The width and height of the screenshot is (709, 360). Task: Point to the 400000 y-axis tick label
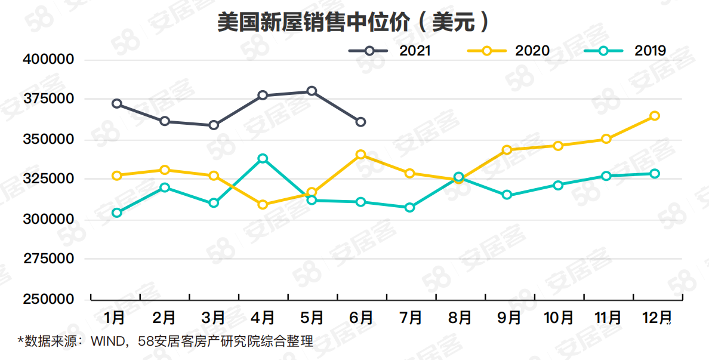click(49, 60)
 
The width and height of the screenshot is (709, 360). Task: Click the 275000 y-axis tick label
click(49, 259)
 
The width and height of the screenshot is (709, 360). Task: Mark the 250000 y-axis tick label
click(49, 299)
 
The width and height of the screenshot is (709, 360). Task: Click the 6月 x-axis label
click(361, 318)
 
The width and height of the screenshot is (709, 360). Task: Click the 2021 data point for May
click(312, 91)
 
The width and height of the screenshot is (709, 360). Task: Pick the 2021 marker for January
click(117, 104)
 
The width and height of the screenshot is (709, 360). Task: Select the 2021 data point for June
click(360, 122)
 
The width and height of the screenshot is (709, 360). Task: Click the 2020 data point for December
click(654, 116)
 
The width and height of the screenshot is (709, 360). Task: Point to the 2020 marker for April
click(263, 205)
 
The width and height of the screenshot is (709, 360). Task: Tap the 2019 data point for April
click(263, 159)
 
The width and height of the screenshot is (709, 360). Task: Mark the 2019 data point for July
click(409, 208)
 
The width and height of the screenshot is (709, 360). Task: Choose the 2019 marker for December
click(654, 174)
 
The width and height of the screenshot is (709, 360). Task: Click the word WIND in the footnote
click(107, 342)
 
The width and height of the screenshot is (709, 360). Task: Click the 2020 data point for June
click(360, 155)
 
